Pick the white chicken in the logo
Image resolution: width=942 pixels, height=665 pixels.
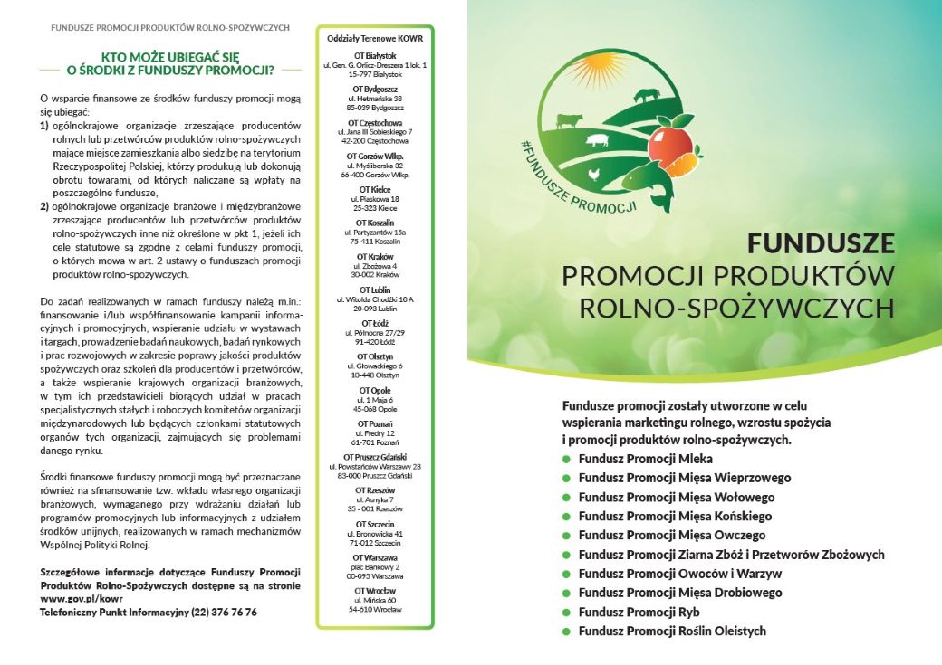[594, 173]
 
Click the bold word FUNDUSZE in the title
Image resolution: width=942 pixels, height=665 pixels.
[821, 243]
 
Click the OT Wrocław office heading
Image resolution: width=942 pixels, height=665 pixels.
[374, 591]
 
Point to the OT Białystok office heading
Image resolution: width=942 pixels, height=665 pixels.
[374, 56]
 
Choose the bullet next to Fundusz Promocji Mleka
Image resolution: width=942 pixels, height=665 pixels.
[567, 459]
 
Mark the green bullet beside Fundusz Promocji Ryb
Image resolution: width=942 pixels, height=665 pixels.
[567, 612]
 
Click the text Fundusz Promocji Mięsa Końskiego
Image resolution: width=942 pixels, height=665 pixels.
[675, 516]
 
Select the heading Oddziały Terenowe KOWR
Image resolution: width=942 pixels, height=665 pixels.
[374, 38]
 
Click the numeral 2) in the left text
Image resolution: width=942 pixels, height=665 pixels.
[44, 206]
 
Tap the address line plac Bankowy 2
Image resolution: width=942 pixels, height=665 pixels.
[374, 566]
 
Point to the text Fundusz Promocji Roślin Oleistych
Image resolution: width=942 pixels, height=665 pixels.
[672, 631]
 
